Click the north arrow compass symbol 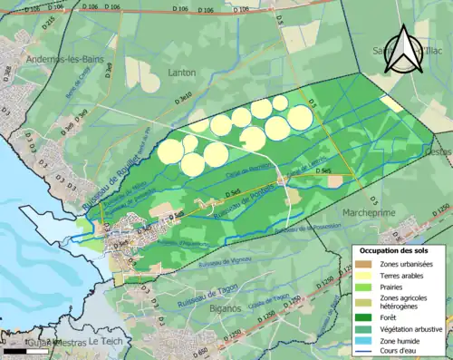(x=400, y=51)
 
